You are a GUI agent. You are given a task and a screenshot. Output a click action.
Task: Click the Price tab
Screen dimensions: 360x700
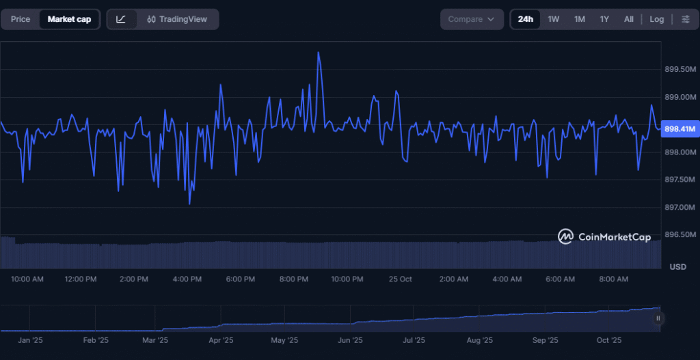[21, 19]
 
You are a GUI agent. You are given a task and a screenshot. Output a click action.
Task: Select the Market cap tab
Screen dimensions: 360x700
[69, 19]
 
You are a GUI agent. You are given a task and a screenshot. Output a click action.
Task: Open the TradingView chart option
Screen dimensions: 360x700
[177, 19]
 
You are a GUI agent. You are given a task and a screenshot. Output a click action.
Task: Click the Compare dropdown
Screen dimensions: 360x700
[471, 19]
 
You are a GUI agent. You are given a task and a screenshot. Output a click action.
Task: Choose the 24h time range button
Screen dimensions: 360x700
[526, 19]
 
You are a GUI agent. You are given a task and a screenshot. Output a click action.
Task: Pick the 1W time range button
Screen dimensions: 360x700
[554, 19]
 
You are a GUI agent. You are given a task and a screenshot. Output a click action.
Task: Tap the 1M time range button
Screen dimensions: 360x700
[580, 19]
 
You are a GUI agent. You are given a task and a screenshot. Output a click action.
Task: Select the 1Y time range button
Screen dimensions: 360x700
[604, 19]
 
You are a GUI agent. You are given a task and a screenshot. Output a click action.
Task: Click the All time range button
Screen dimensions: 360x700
[629, 19]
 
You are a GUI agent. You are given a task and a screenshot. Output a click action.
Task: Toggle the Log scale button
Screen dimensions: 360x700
[657, 19]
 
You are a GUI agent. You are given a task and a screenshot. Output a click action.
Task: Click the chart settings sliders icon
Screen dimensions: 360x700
[686, 19]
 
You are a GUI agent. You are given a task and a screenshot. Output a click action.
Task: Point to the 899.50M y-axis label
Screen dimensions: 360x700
[680, 69]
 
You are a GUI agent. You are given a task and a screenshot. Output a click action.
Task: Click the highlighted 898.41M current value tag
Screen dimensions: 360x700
[680, 129]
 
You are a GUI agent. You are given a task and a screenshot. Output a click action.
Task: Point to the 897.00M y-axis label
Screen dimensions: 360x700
[680, 207]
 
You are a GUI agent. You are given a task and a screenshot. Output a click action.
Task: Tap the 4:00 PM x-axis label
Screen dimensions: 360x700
[187, 279]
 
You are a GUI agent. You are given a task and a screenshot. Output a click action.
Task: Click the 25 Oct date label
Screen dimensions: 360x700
[400, 279]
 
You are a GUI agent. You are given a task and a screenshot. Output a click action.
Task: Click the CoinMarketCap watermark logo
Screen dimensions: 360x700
[604, 236]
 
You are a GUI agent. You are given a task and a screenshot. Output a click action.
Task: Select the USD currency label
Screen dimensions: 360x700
[677, 266]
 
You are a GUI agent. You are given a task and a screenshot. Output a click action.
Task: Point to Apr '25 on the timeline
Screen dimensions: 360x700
[221, 340]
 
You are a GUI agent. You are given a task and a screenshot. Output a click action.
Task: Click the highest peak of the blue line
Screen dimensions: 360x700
[319, 53]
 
